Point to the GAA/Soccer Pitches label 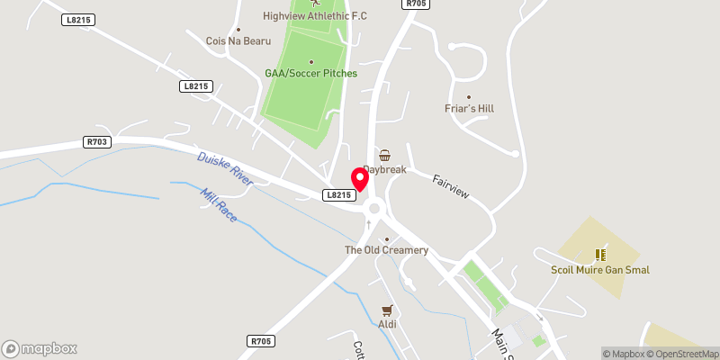pos(310,73)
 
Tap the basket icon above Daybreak pos(385,155)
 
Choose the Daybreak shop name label pos(385,170)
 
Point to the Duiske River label pos(225,169)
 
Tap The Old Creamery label pos(387,249)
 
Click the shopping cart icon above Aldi pos(388,309)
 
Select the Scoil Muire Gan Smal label pos(600,270)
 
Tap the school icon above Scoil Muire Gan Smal pos(600,255)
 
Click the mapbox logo pos(39,348)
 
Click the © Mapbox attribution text pos(625,354)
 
